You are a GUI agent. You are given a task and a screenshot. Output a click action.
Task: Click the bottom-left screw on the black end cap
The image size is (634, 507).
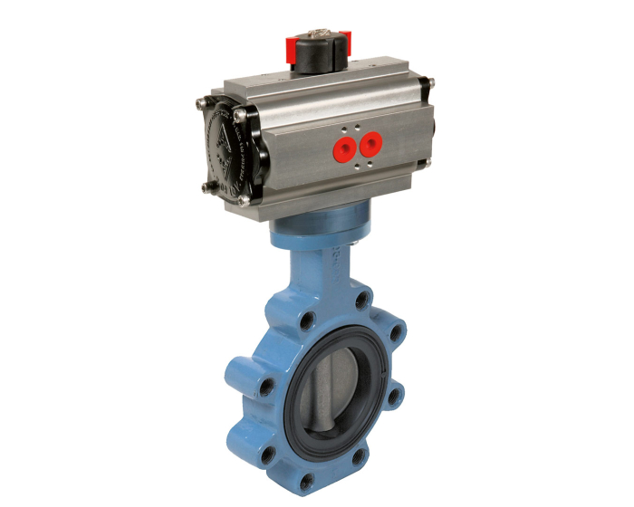(x=207, y=187)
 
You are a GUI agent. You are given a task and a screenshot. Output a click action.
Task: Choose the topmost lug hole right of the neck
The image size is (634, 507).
(x=361, y=298)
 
